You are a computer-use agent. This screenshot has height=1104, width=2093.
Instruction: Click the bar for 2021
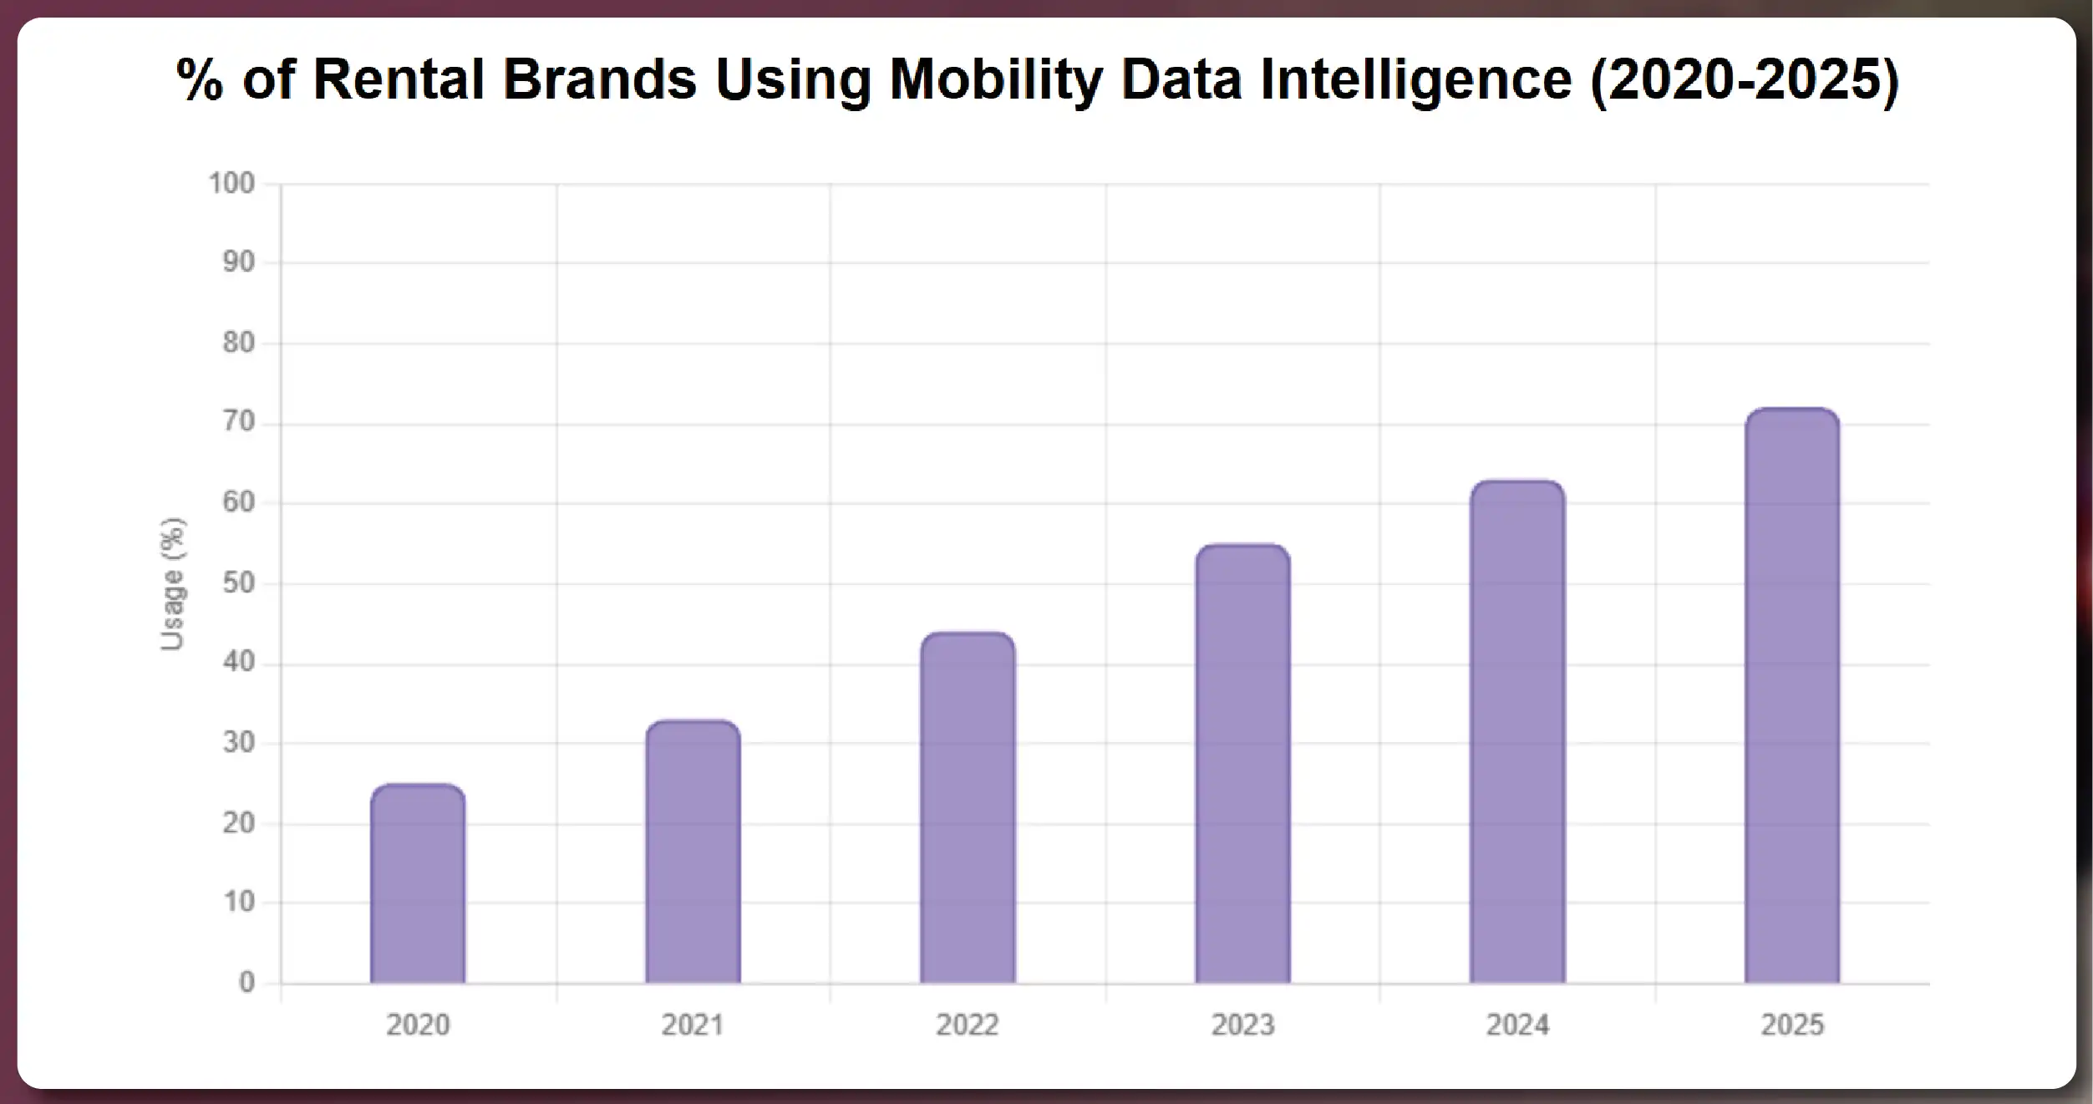pyautogui.click(x=693, y=852)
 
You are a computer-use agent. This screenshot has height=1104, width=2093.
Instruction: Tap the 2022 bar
pyautogui.click(x=968, y=808)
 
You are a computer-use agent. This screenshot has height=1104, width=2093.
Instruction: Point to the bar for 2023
pyautogui.click(x=1242, y=764)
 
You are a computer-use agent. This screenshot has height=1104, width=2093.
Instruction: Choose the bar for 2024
pyautogui.click(x=1517, y=732)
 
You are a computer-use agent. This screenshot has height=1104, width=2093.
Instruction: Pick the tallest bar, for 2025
pyautogui.click(x=1792, y=696)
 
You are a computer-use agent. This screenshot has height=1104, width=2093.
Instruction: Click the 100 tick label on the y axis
pyautogui.click(x=231, y=183)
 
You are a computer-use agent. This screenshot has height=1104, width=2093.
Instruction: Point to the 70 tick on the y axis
pyautogui.click(x=238, y=422)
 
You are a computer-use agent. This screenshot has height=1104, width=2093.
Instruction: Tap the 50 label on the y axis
pyautogui.click(x=238, y=583)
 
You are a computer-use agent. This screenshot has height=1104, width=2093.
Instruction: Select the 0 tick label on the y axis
pyautogui.click(x=246, y=982)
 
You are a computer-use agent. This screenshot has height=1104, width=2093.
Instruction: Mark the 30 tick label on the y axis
pyautogui.click(x=238, y=742)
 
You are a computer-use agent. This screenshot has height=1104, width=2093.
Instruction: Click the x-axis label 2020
pyautogui.click(x=418, y=1025)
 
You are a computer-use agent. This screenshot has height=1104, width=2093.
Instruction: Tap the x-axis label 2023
pyautogui.click(x=1242, y=1025)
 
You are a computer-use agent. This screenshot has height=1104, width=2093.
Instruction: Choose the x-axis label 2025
pyautogui.click(x=1792, y=1025)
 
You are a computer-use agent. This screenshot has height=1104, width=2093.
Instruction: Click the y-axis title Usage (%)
pyautogui.click(x=172, y=583)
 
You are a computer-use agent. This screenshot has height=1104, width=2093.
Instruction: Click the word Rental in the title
pyautogui.click(x=399, y=80)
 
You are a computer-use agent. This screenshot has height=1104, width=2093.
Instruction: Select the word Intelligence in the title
pyautogui.click(x=1415, y=80)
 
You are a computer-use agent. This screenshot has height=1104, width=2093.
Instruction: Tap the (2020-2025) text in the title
pyautogui.click(x=1745, y=80)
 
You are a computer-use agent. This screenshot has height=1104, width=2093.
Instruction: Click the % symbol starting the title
pyautogui.click(x=200, y=80)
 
